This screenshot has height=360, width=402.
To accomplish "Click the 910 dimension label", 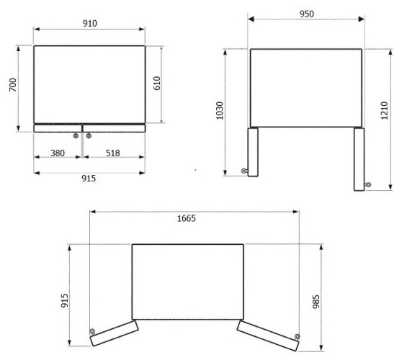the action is click(90, 23).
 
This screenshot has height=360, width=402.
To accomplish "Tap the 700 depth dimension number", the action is click(13, 85).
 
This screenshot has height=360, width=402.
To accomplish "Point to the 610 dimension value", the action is click(157, 84).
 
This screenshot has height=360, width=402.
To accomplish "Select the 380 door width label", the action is click(58, 153).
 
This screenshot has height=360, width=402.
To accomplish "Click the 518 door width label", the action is click(113, 153).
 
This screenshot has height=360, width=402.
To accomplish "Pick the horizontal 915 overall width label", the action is click(89, 178).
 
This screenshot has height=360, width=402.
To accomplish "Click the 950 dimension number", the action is click(307, 14).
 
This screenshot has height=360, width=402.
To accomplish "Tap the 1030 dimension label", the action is click(220, 111).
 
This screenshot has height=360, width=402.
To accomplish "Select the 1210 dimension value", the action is click(384, 110).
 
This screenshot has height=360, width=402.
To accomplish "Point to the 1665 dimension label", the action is click(187, 218).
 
